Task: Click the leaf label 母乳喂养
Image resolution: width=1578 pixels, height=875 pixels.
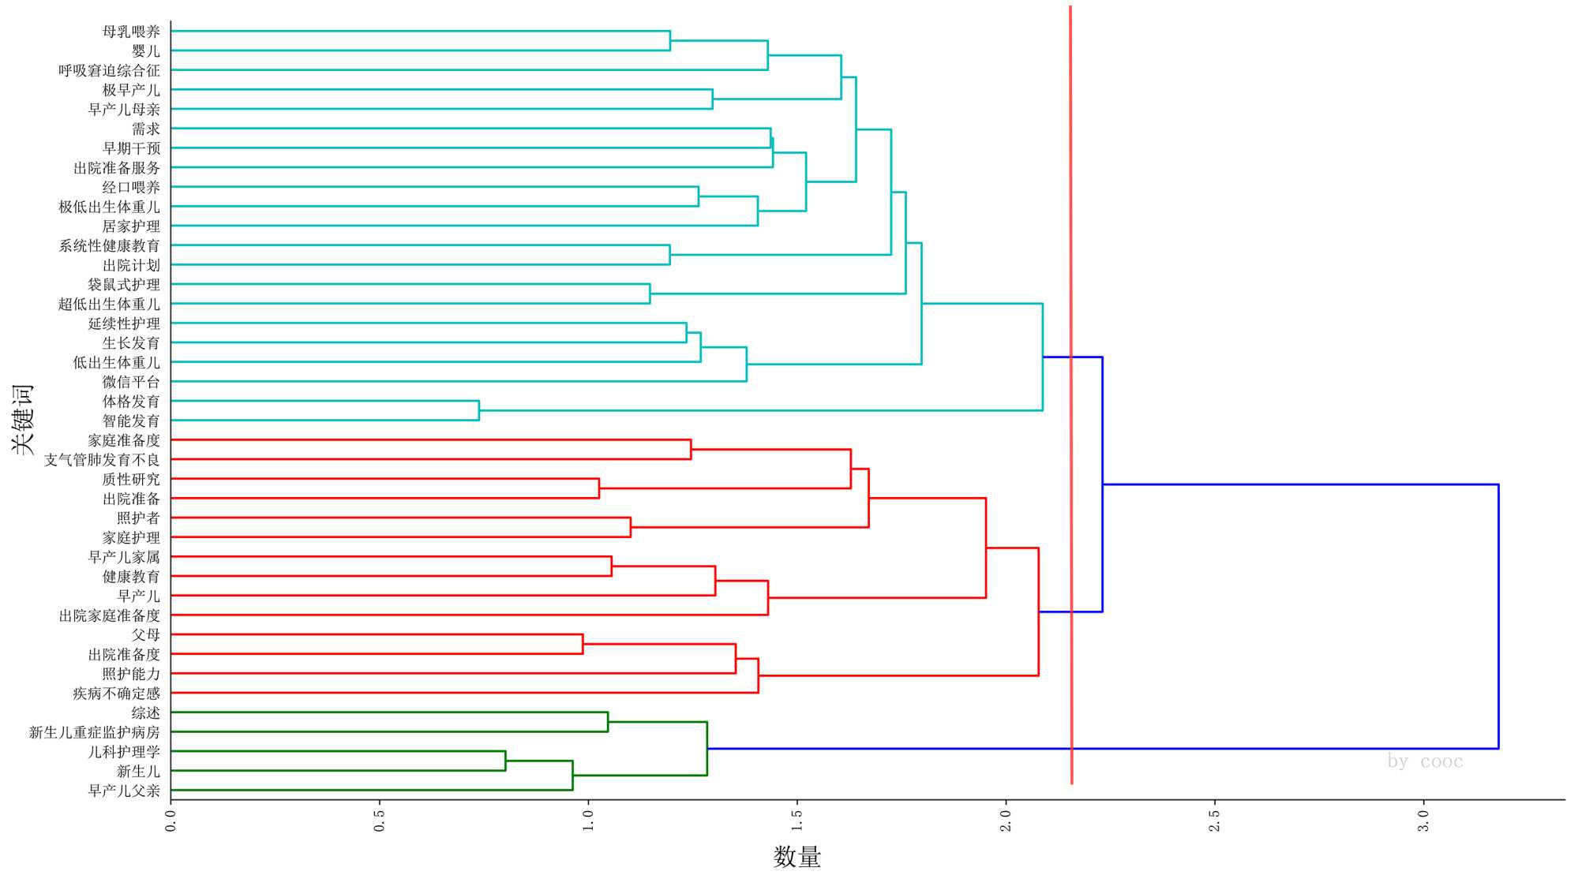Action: pos(131,32)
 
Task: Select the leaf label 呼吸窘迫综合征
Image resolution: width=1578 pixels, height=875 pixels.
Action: pos(109,70)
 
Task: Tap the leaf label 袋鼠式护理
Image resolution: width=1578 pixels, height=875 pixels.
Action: pos(124,285)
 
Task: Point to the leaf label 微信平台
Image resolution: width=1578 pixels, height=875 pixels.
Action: pos(131,382)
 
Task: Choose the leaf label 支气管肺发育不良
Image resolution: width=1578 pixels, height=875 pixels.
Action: pos(102,460)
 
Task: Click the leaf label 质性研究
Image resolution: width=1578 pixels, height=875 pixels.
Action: pos(131,479)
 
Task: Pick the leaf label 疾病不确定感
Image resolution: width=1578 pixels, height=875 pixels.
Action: pos(116,694)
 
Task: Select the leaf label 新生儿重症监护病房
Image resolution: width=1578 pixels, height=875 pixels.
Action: pos(95,732)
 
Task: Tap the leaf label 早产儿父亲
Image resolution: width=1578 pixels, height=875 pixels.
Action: pos(124,791)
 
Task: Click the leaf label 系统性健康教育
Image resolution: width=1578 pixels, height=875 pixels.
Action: pos(109,245)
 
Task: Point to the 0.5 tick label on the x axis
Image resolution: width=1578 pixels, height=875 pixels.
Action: pos(380,821)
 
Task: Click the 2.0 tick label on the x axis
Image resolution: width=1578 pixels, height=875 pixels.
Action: pos(1006,821)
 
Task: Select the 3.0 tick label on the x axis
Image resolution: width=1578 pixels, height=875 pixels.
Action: pos(1423,821)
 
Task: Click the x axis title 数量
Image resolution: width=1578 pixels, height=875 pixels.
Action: pos(796,857)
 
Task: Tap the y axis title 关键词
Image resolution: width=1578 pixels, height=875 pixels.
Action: pos(23,419)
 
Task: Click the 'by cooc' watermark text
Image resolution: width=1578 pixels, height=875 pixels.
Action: pos(1425,761)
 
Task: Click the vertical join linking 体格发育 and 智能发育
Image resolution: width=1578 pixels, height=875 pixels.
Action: pos(479,411)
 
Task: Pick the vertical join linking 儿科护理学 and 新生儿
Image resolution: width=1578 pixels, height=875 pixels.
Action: pos(505,761)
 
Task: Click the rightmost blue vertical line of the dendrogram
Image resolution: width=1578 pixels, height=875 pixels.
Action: pos(1497,615)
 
